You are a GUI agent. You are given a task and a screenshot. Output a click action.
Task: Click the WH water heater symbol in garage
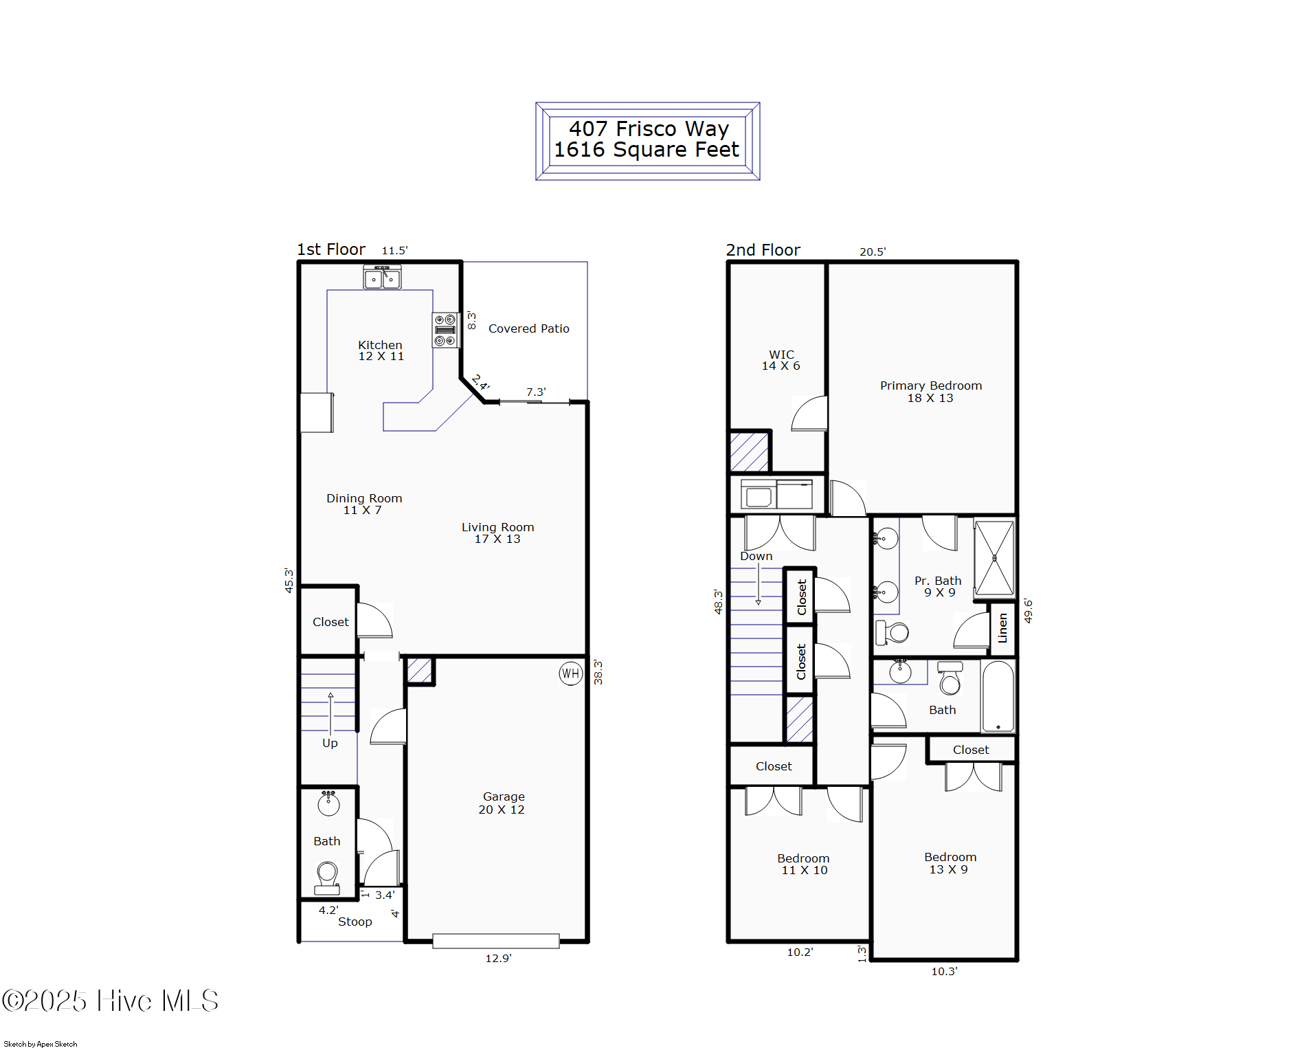coord(570,673)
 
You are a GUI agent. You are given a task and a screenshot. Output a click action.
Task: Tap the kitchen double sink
coord(382,278)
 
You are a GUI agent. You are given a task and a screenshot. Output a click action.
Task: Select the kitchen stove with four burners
coord(445,330)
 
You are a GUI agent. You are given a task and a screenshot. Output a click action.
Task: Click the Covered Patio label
coord(528,328)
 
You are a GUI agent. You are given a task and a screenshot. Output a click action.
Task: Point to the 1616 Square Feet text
coord(647,150)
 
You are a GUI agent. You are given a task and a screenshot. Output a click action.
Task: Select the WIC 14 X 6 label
coord(781,360)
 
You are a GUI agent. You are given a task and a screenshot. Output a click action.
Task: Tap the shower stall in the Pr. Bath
coord(994,557)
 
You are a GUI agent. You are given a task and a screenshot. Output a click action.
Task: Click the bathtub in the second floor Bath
coord(998,695)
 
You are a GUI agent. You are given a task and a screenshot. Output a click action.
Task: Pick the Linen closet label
coord(1002,628)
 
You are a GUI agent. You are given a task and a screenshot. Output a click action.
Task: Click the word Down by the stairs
coord(756,556)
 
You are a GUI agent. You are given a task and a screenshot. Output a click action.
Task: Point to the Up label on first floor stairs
coord(330,743)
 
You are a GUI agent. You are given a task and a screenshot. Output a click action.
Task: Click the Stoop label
coord(355,922)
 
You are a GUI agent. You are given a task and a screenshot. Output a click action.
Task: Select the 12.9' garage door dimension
coord(498,958)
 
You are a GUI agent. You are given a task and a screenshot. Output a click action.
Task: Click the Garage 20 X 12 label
coord(503,803)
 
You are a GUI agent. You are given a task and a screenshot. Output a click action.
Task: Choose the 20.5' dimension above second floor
coord(873,252)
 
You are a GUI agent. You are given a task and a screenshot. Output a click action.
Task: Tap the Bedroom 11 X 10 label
coord(803,864)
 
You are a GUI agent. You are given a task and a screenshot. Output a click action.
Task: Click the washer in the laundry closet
coord(759,495)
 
